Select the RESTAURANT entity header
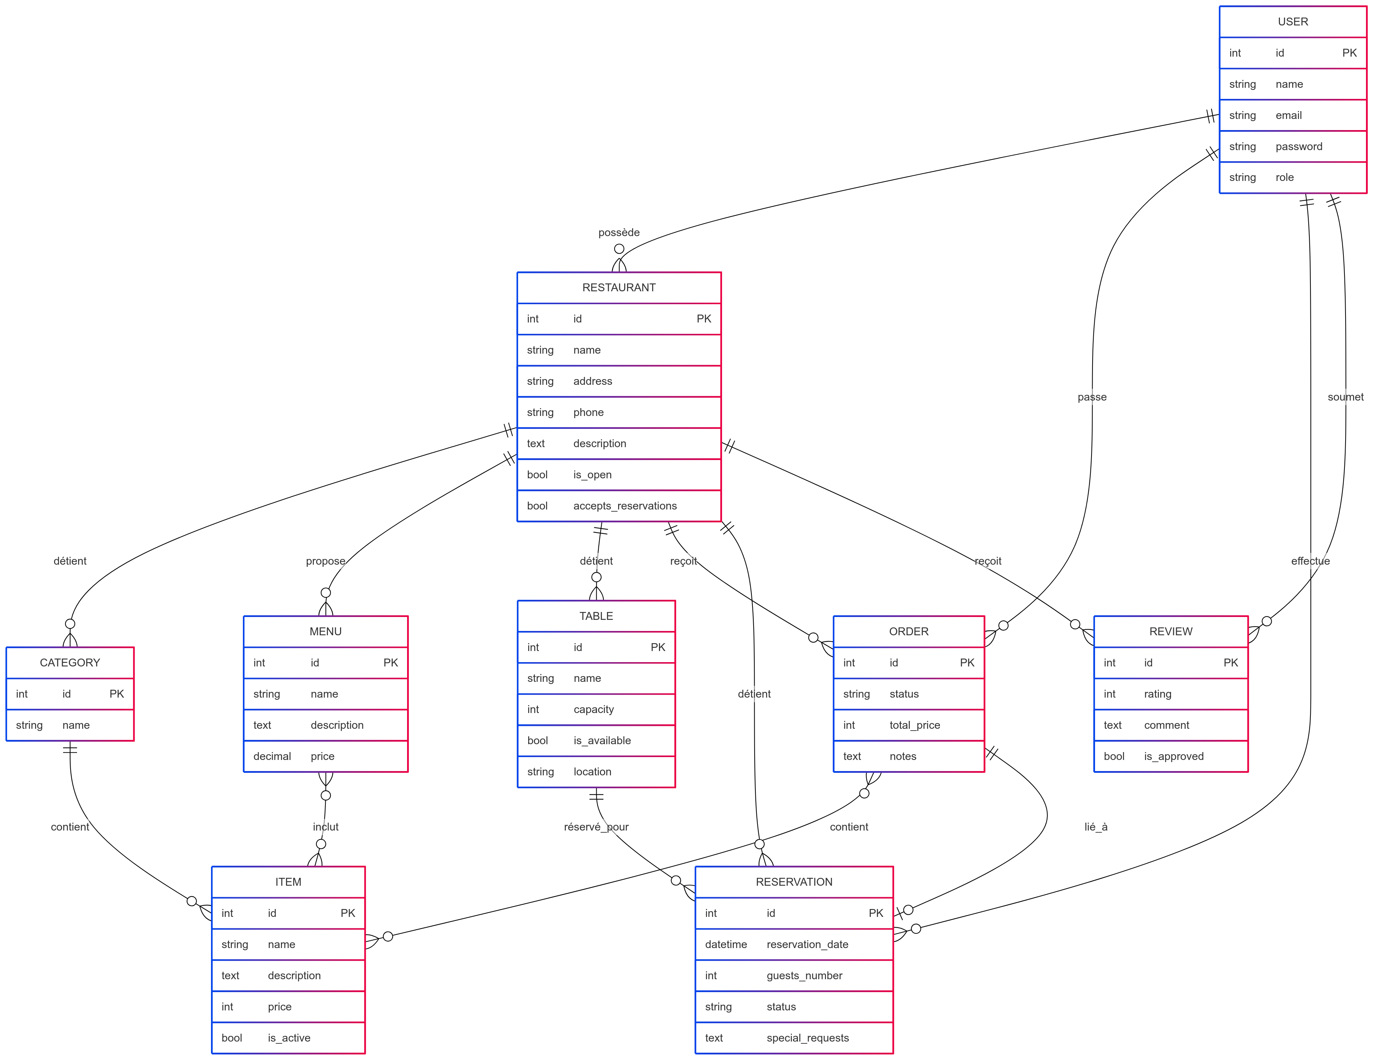point(619,288)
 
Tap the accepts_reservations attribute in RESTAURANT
point(624,506)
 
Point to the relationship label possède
point(619,233)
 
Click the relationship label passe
point(1092,397)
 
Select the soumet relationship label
point(1345,397)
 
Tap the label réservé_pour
point(596,827)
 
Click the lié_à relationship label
point(1096,827)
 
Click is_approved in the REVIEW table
point(1173,756)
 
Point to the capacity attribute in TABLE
point(593,710)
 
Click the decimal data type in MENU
point(272,756)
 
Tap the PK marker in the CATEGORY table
point(116,694)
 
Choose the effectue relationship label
point(1310,561)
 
